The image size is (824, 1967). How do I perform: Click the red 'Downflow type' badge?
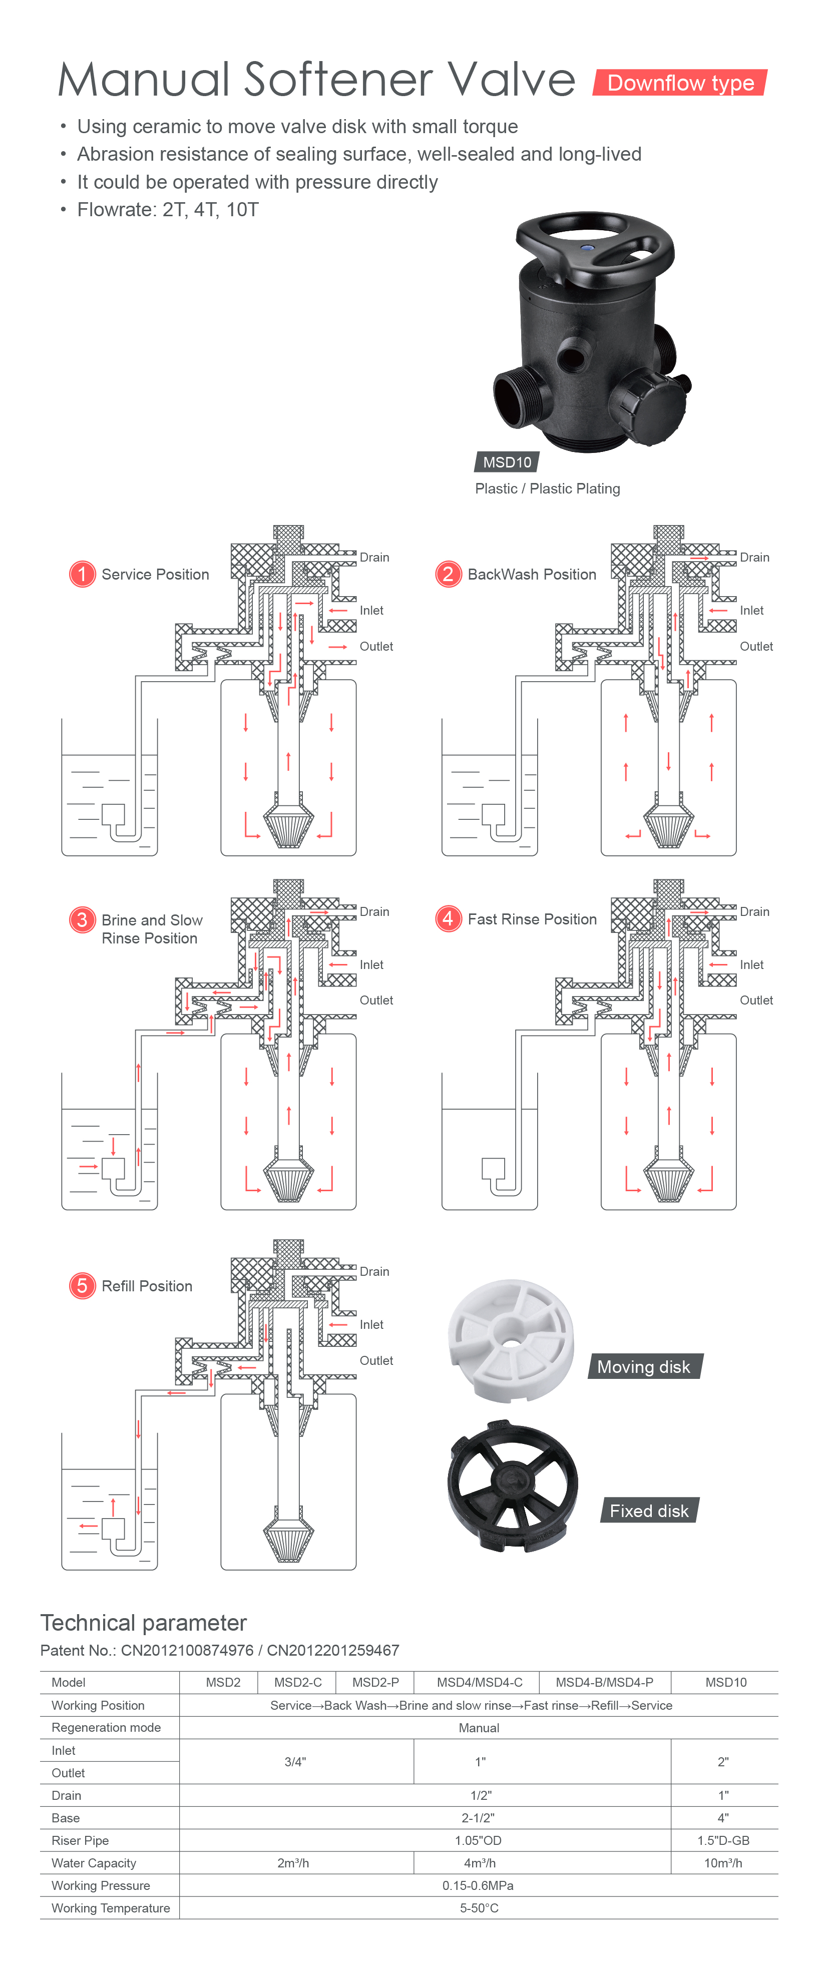680,83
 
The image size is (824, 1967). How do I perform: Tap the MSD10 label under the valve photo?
507,462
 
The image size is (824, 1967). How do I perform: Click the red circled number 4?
448,918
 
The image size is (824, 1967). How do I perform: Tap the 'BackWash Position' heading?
532,574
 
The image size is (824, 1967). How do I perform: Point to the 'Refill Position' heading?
147,1286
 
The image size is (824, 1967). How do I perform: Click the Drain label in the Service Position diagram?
374,558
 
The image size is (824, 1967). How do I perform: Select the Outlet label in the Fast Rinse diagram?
756,1001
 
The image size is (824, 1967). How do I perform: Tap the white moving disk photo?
510,1340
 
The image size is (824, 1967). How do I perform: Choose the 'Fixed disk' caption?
649,1511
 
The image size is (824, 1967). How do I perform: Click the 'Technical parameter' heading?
144,1623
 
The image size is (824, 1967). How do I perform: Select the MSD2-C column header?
298,1682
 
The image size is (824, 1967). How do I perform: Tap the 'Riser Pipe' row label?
80,1840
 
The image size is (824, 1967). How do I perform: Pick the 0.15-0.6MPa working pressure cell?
478,1885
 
